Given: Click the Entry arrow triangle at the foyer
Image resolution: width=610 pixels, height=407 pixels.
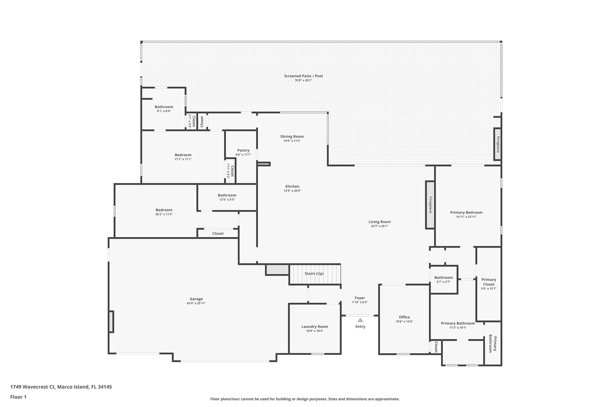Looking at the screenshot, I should click(x=360, y=320).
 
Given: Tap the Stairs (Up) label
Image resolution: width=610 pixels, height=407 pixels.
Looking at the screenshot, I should click(x=314, y=274).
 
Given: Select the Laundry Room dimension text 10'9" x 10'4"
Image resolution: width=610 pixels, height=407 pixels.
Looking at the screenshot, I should click(x=315, y=331).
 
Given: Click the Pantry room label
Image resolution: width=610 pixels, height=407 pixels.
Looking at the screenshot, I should click(x=243, y=150).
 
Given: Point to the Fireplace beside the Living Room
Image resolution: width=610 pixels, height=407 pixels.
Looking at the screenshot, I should click(x=430, y=205).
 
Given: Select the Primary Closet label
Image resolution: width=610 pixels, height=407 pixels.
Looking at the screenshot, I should click(x=489, y=282).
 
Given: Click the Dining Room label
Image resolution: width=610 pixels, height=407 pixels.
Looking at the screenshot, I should click(x=292, y=137).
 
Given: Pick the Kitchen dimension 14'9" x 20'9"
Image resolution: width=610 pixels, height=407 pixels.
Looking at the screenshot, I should click(x=292, y=191).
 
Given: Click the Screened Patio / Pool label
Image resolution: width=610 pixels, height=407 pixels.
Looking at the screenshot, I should click(x=303, y=76).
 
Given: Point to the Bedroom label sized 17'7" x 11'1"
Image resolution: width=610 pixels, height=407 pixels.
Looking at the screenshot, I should click(x=183, y=155).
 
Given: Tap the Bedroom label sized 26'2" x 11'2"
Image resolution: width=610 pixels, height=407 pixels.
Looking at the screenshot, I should click(x=164, y=210).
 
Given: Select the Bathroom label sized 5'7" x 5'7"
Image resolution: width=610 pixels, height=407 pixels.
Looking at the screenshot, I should click(x=443, y=278).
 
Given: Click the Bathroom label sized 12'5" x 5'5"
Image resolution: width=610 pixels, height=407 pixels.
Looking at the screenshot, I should click(x=227, y=195).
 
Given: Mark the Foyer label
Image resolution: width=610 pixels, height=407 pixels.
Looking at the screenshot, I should click(x=360, y=298).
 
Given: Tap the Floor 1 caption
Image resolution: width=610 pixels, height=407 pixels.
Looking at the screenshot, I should click(x=18, y=397).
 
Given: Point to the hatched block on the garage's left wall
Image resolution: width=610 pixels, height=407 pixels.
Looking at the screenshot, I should click(x=111, y=322).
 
